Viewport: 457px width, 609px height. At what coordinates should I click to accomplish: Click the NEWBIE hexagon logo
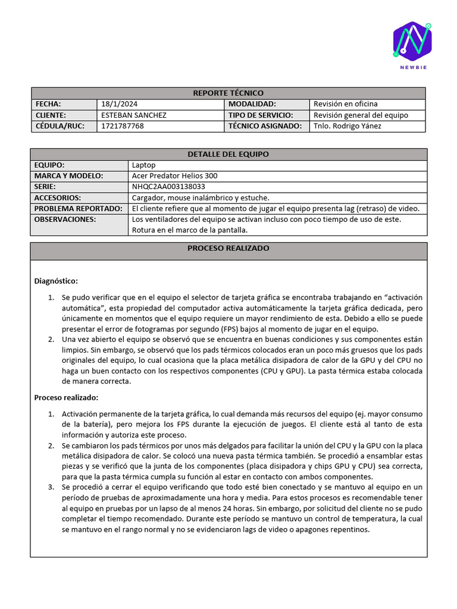coord(412,41)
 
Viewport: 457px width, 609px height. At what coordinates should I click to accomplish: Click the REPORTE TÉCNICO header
coord(228,93)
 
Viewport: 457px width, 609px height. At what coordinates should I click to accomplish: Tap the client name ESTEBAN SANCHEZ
coord(134,115)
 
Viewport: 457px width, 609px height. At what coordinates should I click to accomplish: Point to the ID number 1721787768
coord(123,126)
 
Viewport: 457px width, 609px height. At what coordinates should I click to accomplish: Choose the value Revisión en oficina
coord(345,104)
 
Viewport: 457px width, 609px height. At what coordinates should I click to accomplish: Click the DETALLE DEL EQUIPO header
coord(228,154)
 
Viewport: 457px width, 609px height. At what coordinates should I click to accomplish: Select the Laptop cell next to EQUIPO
coord(143,165)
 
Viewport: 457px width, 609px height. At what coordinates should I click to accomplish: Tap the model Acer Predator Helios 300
coord(174,176)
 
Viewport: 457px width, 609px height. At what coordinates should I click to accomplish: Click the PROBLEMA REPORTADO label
coord(79,209)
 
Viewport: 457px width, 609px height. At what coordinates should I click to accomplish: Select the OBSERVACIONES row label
coord(65,219)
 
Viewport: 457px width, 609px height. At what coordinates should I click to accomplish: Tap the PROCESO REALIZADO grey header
coord(228,248)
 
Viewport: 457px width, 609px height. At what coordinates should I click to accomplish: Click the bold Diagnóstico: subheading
coord(56,281)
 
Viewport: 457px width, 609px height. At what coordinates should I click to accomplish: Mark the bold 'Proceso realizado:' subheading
coord(66,397)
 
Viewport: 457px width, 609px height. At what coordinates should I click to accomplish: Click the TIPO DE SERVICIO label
coord(261,115)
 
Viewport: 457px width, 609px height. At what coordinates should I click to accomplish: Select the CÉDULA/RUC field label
coord(60,126)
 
